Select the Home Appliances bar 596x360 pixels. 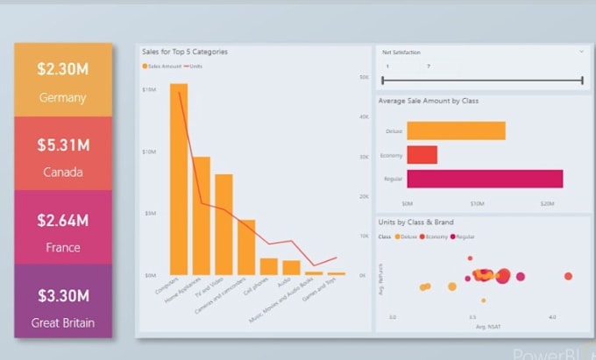coord(202,215)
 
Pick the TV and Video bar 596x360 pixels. coord(223,224)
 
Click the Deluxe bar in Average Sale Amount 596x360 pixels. coord(456,131)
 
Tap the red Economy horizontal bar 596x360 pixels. coord(422,155)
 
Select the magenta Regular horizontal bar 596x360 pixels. coord(485,179)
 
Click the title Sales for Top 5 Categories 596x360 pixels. coord(185,53)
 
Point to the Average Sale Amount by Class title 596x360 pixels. coord(428,101)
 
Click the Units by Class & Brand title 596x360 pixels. coord(416,222)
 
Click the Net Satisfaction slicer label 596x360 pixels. coord(401,53)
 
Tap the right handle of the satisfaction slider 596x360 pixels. coord(582,81)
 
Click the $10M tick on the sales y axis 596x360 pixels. coord(149,152)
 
